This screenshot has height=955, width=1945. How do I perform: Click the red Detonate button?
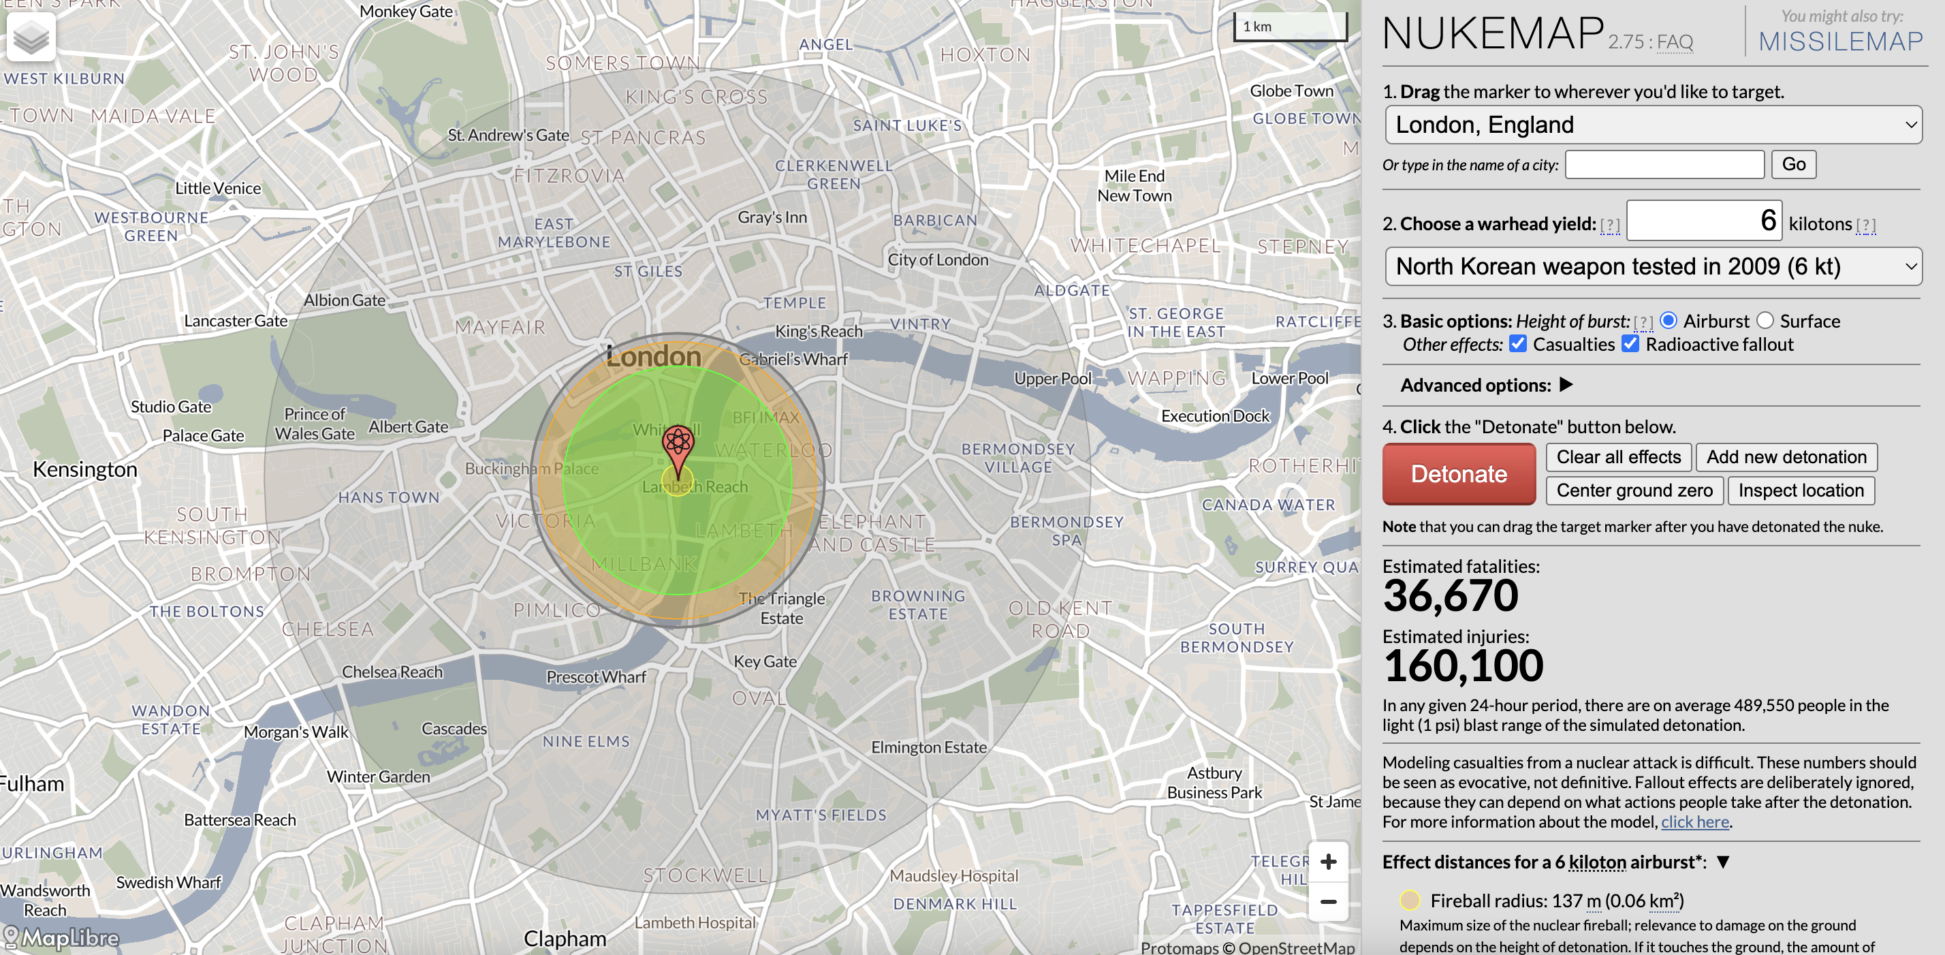pyautogui.click(x=1458, y=473)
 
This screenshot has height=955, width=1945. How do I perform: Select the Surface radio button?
pyautogui.click(x=1765, y=321)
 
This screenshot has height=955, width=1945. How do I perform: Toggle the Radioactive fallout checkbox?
pyautogui.click(x=1630, y=344)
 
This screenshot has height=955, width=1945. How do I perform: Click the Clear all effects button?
pyautogui.click(x=1618, y=457)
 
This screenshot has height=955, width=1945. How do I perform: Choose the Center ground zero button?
pyautogui.click(x=1634, y=490)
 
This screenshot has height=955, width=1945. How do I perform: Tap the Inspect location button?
pyautogui.click(x=1800, y=490)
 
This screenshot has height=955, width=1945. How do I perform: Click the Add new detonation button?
pyautogui.click(x=1786, y=457)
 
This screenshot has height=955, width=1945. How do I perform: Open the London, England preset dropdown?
pyautogui.click(x=1653, y=125)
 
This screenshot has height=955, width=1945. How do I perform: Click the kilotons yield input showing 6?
pyautogui.click(x=1703, y=221)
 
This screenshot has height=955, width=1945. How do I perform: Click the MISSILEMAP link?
pyautogui.click(x=1840, y=42)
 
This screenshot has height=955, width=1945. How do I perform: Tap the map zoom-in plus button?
pyautogui.click(x=1328, y=862)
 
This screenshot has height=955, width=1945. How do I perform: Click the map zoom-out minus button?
pyautogui.click(x=1328, y=901)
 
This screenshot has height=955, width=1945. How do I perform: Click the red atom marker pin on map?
pyautogui.click(x=677, y=445)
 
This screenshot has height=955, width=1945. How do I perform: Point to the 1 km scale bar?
pyautogui.click(x=1290, y=27)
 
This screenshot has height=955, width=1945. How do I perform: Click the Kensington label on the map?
pyautogui.click(x=84, y=469)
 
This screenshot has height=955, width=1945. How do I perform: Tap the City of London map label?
pyautogui.click(x=937, y=260)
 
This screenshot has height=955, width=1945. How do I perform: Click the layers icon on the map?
pyautogui.click(x=31, y=37)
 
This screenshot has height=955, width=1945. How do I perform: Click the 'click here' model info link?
pyautogui.click(x=1694, y=821)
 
